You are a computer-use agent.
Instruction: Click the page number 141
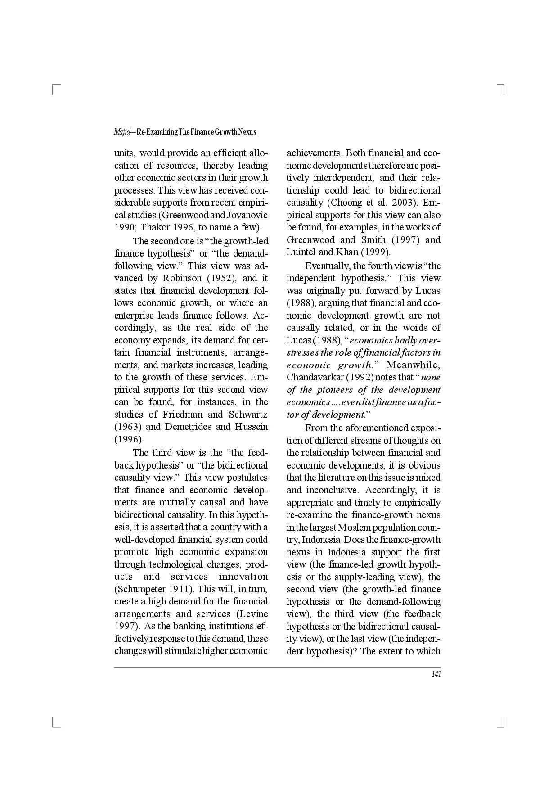click(x=436, y=674)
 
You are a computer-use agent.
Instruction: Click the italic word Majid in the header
click(x=121, y=132)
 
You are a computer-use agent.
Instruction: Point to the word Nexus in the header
click(x=247, y=132)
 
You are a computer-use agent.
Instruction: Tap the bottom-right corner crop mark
click(x=503, y=724)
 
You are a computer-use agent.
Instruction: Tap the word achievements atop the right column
click(x=314, y=153)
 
